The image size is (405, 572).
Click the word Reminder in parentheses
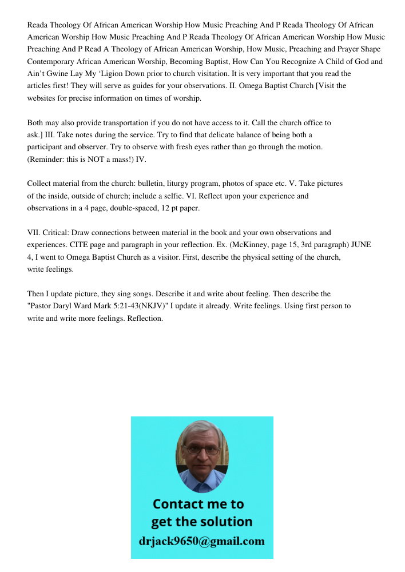coord(47,160)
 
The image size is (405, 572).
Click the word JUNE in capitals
coord(361,245)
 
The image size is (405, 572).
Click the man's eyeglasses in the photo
coord(202,450)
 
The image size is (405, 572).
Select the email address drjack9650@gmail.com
coord(201,541)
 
